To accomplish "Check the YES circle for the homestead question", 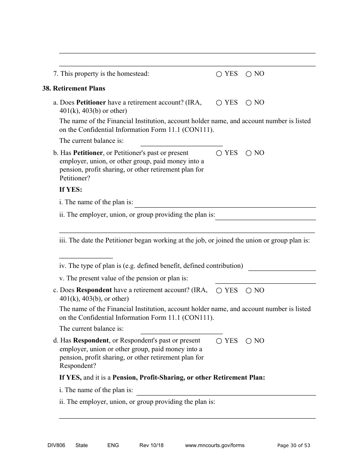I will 219,74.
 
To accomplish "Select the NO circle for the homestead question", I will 249,74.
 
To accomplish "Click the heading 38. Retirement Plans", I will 74,88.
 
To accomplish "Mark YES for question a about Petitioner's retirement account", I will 219,103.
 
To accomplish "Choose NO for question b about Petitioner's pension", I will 249,153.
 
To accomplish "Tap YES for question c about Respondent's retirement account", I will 219,291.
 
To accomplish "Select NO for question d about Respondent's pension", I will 249,341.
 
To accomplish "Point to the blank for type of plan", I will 282,267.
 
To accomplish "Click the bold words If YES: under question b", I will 70,190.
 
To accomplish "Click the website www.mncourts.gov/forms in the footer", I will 214,445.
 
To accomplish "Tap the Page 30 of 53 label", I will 293,445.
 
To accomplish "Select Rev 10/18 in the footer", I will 151,445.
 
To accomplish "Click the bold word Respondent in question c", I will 94,290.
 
